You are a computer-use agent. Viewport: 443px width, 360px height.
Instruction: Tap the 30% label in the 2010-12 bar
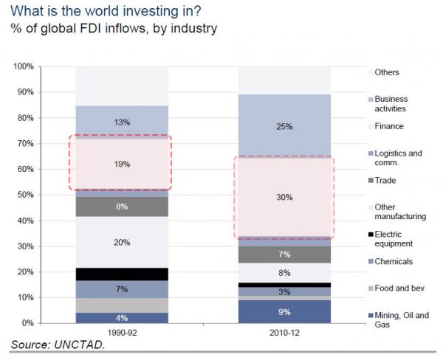point(285,198)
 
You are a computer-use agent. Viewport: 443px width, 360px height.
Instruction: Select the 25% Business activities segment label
point(285,126)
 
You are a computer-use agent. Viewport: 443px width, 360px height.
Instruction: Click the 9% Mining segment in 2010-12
point(285,311)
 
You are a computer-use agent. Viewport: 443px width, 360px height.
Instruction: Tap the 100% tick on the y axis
point(24,67)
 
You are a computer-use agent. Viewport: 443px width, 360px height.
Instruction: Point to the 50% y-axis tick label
point(26,195)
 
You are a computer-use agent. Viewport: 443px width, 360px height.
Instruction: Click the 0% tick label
point(28,324)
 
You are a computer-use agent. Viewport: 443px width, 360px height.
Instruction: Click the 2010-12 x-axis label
point(285,333)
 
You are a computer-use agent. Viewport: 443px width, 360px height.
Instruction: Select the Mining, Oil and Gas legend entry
point(401,320)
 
